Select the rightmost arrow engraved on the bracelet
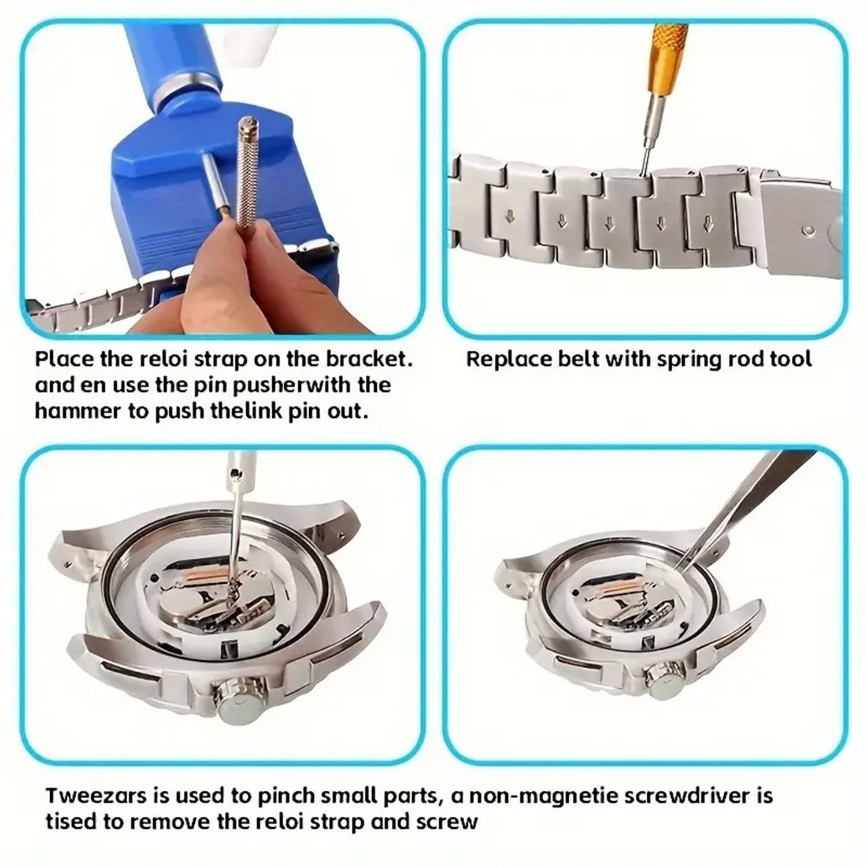(707, 223)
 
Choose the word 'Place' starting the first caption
(64, 359)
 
